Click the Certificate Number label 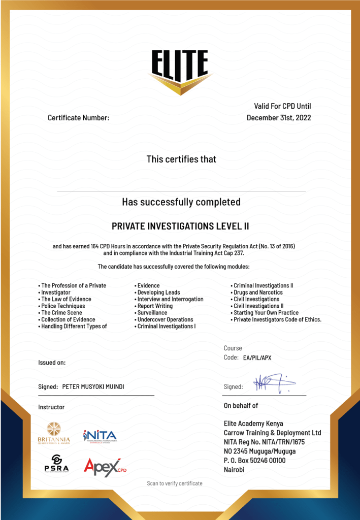click(x=78, y=118)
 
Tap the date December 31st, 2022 click(x=279, y=118)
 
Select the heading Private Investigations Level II click(x=180, y=226)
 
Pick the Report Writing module click(x=155, y=306)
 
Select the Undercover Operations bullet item click(x=165, y=320)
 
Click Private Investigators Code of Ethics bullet click(x=277, y=320)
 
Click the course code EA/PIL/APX click(x=257, y=358)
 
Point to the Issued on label click(x=52, y=363)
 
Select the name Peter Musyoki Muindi click(x=93, y=387)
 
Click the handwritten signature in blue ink click(x=271, y=384)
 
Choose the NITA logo click(x=100, y=436)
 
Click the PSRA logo click(x=56, y=463)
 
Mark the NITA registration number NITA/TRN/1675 click(x=286, y=442)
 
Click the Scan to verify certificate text click(x=175, y=483)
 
